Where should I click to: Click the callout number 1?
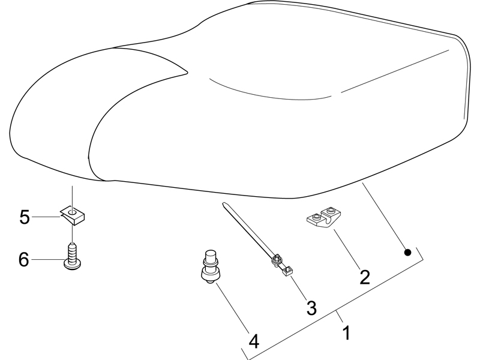pyautogui.click(x=346, y=333)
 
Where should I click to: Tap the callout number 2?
pyautogui.click(x=365, y=277)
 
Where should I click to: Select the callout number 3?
pyautogui.click(x=311, y=308)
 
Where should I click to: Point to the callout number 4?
pyautogui.click(x=254, y=341)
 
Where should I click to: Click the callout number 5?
pyautogui.click(x=25, y=217)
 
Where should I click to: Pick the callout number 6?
pyautogui.click(x=24, y=260)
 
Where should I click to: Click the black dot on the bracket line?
pyautogui.click(x=407, y=252)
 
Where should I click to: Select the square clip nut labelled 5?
pyautogui.click(x=72, y=215)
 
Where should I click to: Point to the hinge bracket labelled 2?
pyautogui.click(x=325, y=217)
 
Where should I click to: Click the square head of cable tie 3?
pyautogui.click(x=288, y=271)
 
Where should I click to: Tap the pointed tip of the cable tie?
pyautogui.click(x=223, y=203)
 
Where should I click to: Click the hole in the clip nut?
pyautogui.click(x=72, y=212)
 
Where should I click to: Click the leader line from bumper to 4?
pyautogui.click(x=233, y=308)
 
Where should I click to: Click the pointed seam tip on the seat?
pyautogui.click(x=187, y=73)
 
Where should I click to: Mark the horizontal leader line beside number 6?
pyautogui.click(x=47, y=260)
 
